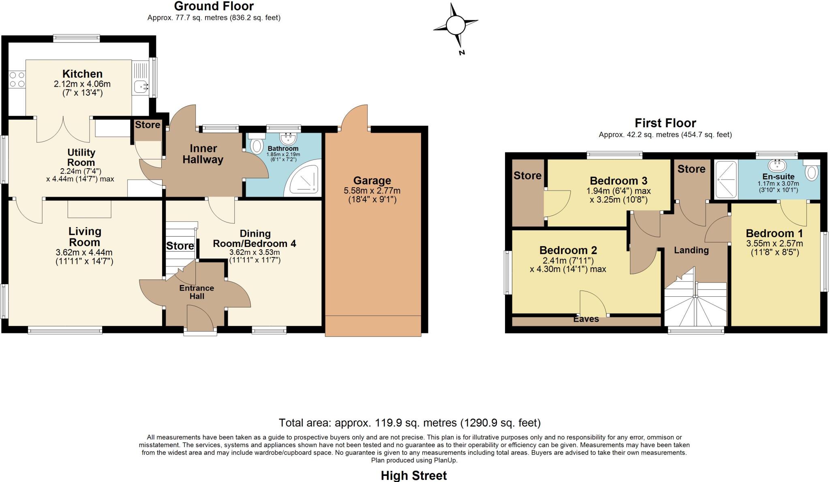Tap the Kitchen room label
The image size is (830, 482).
(x=82, y=74)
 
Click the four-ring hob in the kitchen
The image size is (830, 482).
(x=17, y=79)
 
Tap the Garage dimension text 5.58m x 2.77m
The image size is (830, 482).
(x=372, y=191)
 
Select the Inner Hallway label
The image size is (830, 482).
(x=203, y=154)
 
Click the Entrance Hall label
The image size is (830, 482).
(x=197, y=292)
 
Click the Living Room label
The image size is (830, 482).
(x=84, y=237)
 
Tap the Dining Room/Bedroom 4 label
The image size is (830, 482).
(x=255, y=239)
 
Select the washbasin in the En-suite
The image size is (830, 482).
(x=777, y=165)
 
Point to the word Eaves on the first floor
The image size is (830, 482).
(x=586, y=319)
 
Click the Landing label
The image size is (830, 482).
(x=691, y=250)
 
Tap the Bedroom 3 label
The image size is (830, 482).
(x=618, y=181)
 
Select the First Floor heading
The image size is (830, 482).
(x=665, y=123)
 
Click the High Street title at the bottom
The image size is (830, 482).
(x=414, y=476)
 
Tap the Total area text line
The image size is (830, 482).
(x=409, y=423)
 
